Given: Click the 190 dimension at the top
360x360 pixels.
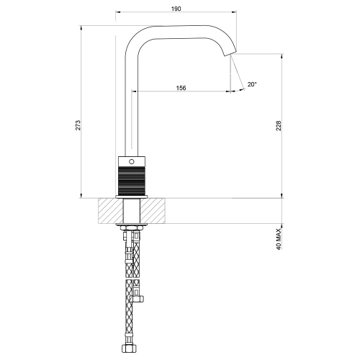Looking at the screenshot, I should coord(176,9).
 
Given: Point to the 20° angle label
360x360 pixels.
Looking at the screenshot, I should coord(251,84).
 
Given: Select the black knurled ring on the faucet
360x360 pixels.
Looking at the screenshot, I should coord(132,179).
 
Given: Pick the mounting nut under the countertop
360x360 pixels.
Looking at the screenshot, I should coord(132,229).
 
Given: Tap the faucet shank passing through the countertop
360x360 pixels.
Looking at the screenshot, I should coord(132,211).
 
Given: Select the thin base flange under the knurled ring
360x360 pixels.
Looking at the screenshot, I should coord(132,195).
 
